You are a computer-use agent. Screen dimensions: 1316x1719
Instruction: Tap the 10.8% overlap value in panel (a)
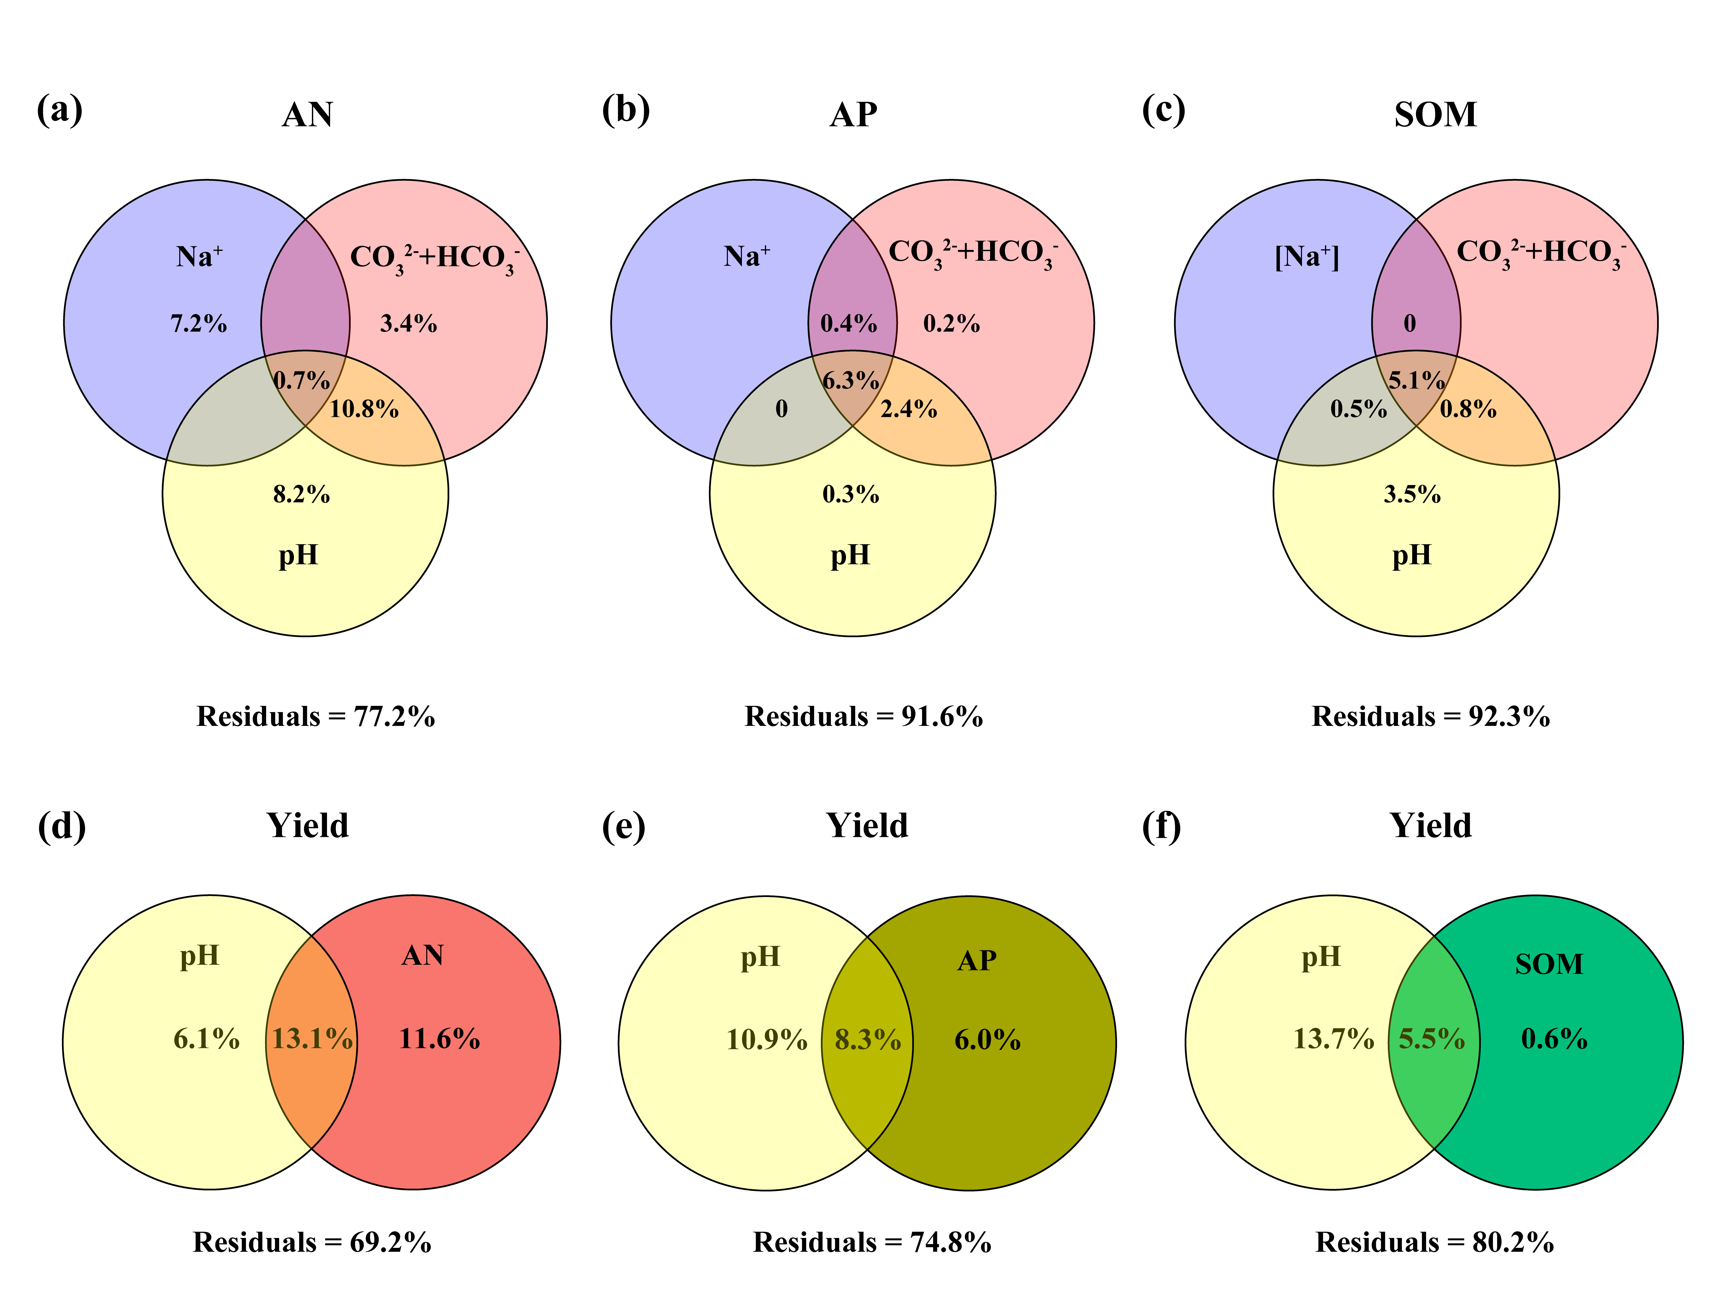[x=363, y=409]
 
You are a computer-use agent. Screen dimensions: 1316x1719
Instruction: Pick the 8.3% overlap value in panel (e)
[x=867, y=1040]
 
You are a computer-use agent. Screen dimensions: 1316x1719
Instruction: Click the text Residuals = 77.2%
[x=316, y=716]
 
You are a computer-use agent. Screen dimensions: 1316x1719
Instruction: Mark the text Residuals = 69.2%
[x=312, y=1242]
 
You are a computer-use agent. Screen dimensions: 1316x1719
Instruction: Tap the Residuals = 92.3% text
[x=1431, y=716]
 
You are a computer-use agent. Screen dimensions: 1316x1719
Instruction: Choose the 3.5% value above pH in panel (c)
[x=1412, y=494]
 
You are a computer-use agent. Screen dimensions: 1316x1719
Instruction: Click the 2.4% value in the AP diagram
[x=909, y=409]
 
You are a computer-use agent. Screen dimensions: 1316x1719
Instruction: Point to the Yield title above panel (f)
[x=1431, y=826]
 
